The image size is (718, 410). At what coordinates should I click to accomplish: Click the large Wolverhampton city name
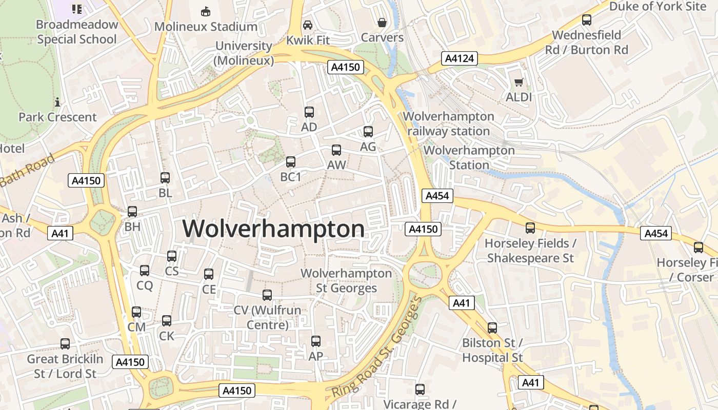coord(273,229)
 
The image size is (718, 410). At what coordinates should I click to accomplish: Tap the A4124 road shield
coord(460,58)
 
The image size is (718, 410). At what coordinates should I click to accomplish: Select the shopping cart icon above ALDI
coord(519,82)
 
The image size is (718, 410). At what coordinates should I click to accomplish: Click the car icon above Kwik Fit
coord(308,25)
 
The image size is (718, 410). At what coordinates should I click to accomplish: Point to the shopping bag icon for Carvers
coord(382,23)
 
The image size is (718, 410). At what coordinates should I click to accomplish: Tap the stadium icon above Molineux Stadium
coord(206,11)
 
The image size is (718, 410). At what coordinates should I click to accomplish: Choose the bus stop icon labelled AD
coord(309,112)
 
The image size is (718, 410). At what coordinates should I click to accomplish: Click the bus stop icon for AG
coord(368,132)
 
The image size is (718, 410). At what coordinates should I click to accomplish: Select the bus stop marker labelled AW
coord(336,150)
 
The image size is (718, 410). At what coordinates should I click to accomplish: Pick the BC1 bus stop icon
coord(291,162)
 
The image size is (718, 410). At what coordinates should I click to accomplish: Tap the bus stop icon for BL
coord(165,178)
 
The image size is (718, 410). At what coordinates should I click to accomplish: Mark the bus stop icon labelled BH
coord(132,212)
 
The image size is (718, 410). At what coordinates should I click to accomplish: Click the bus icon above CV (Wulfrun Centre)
coord(267,295)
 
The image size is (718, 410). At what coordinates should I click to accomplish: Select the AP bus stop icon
coord(316,341)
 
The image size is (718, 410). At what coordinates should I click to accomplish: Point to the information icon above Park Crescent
coord(57,102)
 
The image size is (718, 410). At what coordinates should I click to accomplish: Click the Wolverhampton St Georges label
coord(346,281)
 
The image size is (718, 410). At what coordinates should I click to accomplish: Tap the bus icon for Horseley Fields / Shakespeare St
coord(530,228)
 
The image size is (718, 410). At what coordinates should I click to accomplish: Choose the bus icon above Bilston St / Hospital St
coord(492,327)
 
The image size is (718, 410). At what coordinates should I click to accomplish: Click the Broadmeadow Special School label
coord(77,32)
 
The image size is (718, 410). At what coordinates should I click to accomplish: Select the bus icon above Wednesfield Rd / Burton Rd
coord(587,20)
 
